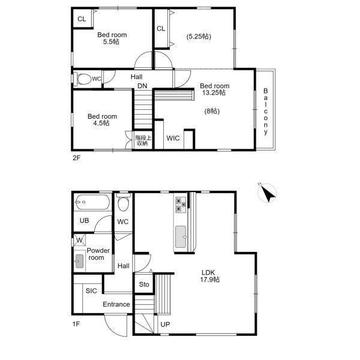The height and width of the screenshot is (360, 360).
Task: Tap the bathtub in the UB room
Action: [x=93, y=202]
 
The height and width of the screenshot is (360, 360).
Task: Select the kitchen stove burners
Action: [x=181, y=204]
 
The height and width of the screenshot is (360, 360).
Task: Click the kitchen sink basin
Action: [x=181, y=237]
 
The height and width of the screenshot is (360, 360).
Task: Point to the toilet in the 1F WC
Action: [x=124, y=202]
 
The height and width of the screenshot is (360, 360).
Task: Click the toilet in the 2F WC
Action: [x=83, y=79]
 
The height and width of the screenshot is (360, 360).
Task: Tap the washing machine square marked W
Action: [x=79, y=240]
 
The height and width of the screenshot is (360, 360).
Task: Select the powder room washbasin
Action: [x=79, y=261]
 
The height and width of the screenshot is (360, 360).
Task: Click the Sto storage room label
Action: [x=144, y=284]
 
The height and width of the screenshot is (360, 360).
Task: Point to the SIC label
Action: [x=91, y=291]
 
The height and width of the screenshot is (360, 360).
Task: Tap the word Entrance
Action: [x=116, y=304]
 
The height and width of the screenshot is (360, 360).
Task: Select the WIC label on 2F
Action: [x=173, y=138]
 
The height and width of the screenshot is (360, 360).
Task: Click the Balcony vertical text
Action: [x=266, y=112]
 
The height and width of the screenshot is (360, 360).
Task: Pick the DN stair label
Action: [x=142, y=86]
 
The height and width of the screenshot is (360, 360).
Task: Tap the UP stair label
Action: [x=165, y=325]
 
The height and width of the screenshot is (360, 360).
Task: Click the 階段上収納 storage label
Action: [x=143, y=140]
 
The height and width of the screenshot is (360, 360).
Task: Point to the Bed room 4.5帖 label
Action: [x=102, y=119]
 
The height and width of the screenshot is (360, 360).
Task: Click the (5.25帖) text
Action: [x=199, y=37]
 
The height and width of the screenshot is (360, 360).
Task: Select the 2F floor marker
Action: [x=76, y=158]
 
